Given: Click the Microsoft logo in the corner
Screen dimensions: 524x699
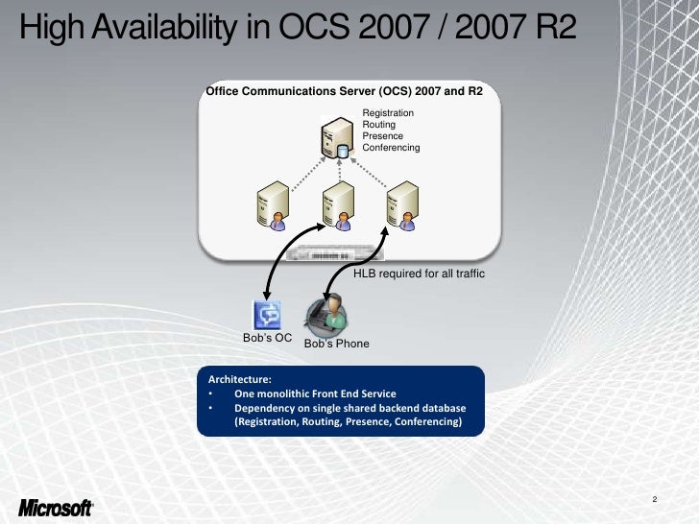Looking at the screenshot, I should point(55,507).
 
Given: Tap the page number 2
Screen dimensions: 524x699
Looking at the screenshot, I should point(653,499).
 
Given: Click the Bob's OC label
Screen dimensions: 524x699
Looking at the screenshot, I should point(267,339).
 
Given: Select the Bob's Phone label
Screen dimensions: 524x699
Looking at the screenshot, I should point(336,344).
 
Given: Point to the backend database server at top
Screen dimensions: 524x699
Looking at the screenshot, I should point(337,139).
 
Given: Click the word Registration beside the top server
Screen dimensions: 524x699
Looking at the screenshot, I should point(388,113).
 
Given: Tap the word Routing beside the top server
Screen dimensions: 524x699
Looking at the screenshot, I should point(379,125).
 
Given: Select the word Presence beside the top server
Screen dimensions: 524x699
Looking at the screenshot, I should point(383,136).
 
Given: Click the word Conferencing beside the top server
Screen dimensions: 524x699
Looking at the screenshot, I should point(391,148).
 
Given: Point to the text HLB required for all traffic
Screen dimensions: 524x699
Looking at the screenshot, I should point(420,274).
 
